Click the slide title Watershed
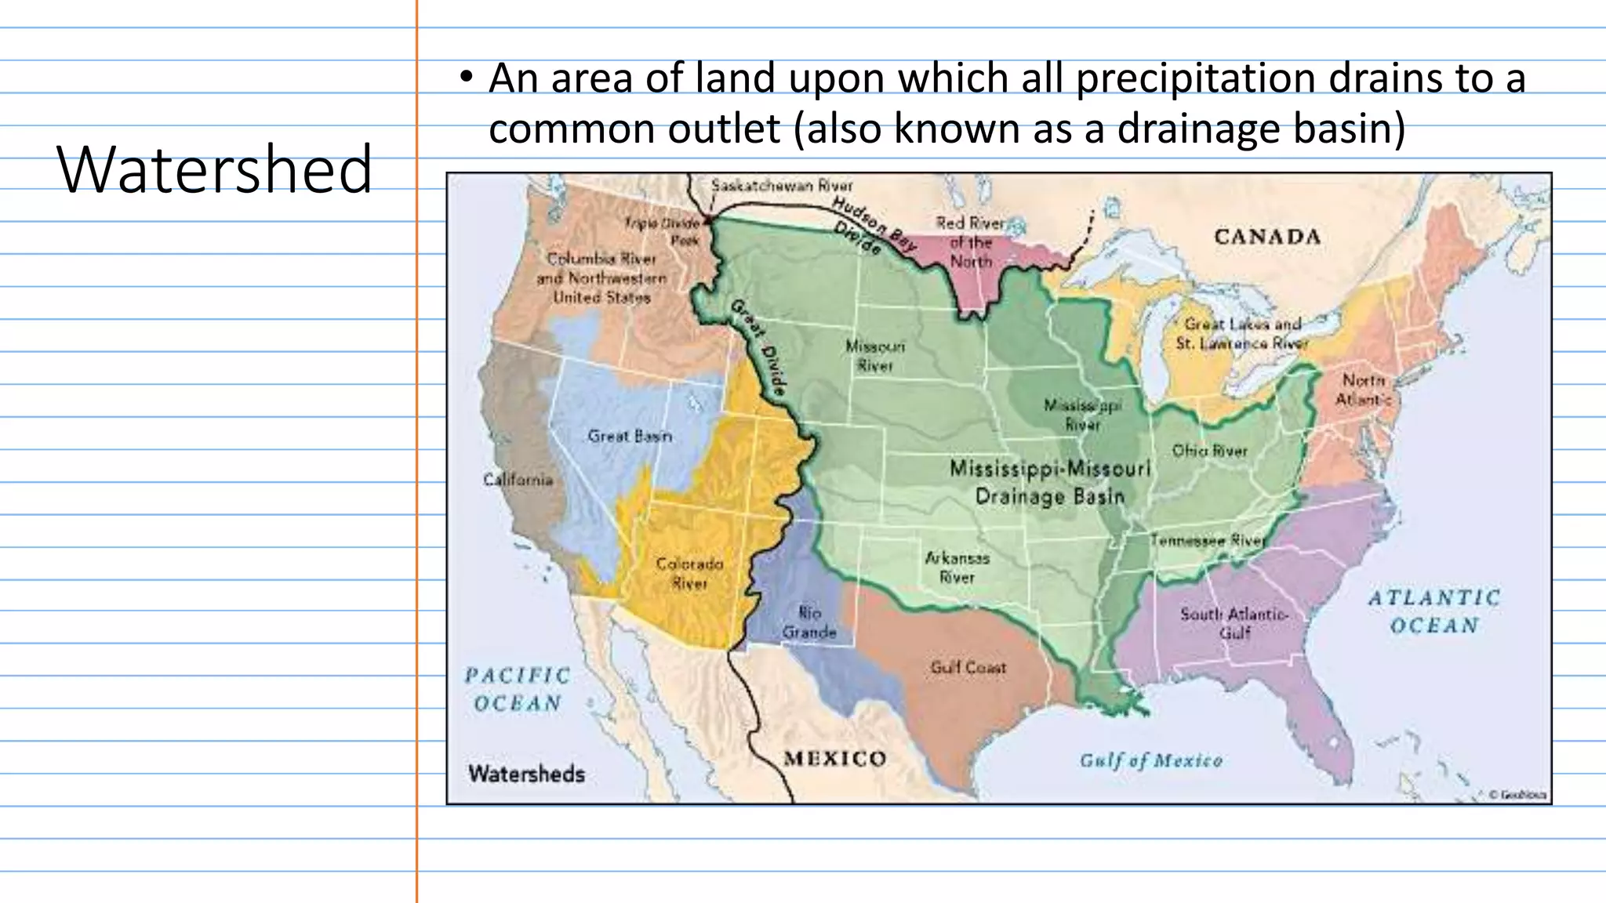[214, 169]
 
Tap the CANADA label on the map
[1267, 237]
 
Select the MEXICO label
[834, 759]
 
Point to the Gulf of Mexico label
[1150, 760]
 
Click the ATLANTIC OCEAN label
[1434, 611]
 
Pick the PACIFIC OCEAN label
[518, 689]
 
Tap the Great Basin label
[630, 436]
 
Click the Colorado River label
[689, 573]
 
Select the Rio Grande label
[809, 622]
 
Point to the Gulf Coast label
[968, 668]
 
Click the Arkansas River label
[957, 568]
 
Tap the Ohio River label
[1209, 451]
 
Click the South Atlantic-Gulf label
[1234, 623]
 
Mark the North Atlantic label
[1364, 390]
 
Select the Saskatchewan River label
[782, 186]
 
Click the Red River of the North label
[971, 242]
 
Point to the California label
[518, 480]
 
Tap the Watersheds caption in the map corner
[527, 774]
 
